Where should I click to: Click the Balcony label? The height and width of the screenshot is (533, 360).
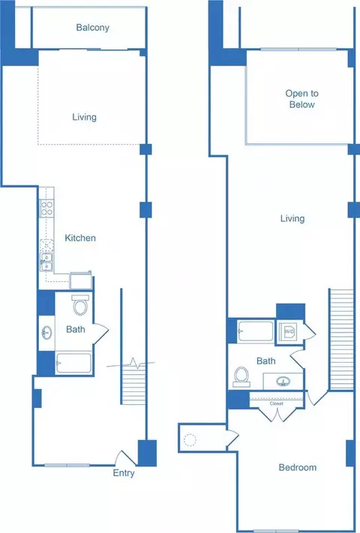tap(92, 27)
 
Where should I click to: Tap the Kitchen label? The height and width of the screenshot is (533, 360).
tap(80, 238)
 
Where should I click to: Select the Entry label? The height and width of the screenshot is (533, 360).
tap(124, 473)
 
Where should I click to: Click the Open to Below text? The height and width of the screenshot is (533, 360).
tap(301, 98)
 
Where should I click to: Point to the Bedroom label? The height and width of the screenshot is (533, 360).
tap(298, 467)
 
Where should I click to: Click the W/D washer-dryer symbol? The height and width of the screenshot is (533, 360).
tap(288, 331)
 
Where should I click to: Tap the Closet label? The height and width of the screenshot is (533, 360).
tap(276, 403)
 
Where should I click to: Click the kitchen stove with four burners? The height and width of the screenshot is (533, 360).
tap(46, 208)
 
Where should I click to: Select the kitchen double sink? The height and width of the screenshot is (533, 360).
tap(46, 262)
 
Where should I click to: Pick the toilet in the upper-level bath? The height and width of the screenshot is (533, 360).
tap(241, 377)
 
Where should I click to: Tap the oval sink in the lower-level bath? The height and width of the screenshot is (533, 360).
tap(46, 333)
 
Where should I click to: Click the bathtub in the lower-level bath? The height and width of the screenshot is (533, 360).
tap(73, 363)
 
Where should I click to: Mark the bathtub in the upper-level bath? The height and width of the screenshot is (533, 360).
tap(255, 331)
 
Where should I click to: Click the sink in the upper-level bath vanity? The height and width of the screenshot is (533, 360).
tap(283, 382)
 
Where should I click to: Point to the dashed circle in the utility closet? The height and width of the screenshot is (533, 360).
tap(190, 440)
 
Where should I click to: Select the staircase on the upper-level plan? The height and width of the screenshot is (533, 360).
tap(341, 340)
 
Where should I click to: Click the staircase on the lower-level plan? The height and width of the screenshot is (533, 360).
tap(133, 382)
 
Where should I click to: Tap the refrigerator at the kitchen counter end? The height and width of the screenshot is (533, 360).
tap(81, 280)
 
